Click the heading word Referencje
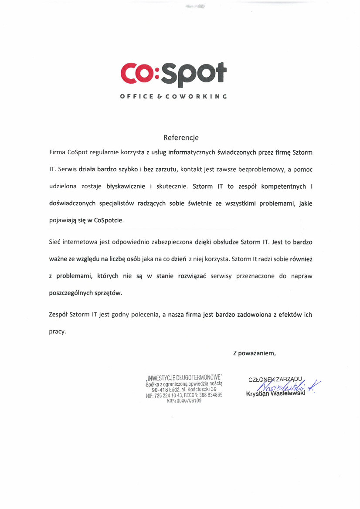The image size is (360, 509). click(x=181, y=138)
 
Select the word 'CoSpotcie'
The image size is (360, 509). click(x=109, y=220)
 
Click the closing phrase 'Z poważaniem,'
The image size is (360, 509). click(x=255, y=353)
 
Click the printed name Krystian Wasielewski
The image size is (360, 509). click(x=275, y=394)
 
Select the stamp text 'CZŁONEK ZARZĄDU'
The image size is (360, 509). click(x=275, y=379)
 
